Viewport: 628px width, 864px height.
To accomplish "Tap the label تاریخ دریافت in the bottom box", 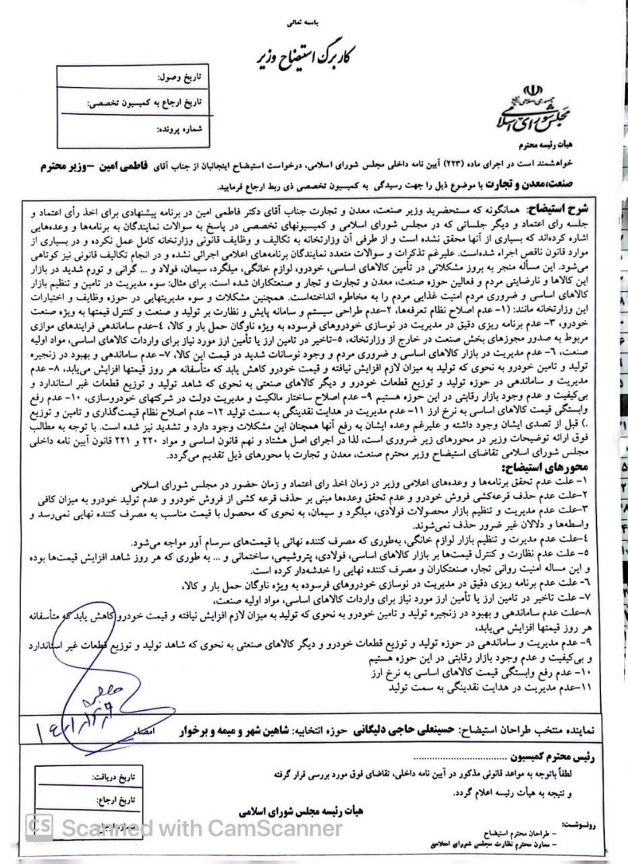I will tap(115, 778).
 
